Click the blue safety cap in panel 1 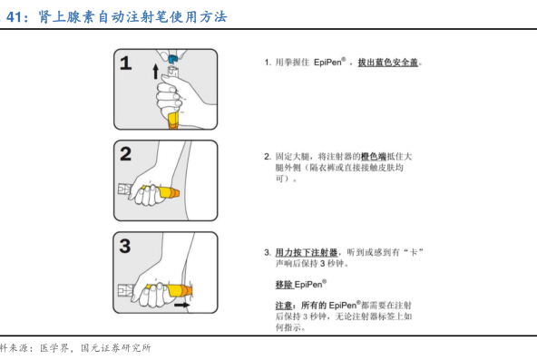173,58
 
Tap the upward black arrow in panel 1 155,71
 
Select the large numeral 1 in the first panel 126,63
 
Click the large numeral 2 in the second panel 126,153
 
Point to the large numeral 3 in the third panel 125,246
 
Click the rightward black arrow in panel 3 181,305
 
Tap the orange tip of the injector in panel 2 175,193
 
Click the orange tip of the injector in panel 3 188,291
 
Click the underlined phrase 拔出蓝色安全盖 388,63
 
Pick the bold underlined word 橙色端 374,156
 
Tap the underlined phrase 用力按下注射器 307,253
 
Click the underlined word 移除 284,285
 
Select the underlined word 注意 284,306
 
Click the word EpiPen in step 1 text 327,63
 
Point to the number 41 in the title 14,16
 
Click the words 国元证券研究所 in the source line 116,348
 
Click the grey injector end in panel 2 125,190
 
